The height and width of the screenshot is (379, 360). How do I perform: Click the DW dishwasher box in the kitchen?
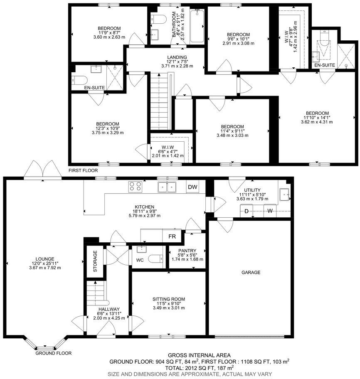tap(192, 187)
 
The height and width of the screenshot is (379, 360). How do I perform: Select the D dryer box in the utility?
tap(246, 212)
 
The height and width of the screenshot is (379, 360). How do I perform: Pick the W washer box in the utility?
tap(270, 212)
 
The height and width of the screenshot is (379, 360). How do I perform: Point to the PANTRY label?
tap(187, 251)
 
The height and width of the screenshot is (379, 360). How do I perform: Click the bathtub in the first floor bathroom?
tap(196, 27)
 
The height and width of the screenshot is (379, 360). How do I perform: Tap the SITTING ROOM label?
tap(168, 299)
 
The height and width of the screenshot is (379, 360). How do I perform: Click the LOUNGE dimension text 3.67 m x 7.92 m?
tap(45, 268)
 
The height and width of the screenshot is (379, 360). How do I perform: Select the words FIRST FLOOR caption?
tap(84, 170)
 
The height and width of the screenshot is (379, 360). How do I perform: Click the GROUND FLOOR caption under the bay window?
tap(53, 353)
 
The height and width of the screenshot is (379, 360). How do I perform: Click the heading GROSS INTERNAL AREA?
tap(200, 355)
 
